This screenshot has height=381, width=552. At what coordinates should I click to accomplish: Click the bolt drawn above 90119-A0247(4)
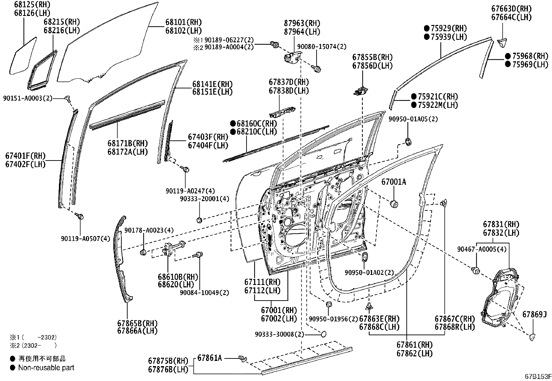[186, 169]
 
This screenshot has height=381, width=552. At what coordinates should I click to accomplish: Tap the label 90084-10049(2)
[204, 293]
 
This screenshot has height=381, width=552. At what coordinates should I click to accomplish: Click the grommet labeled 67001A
[394, 204]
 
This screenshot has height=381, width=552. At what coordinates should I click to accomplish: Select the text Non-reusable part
[46, 368]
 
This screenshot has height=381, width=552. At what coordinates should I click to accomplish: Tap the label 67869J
[534, 314]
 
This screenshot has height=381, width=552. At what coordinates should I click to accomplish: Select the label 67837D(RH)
[288, 83]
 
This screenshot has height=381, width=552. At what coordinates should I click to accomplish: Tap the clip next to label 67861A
[243, 358]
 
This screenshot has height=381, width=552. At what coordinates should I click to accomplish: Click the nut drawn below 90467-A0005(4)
[476, 270]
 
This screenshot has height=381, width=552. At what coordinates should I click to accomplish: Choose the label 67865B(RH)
[137, 323]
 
